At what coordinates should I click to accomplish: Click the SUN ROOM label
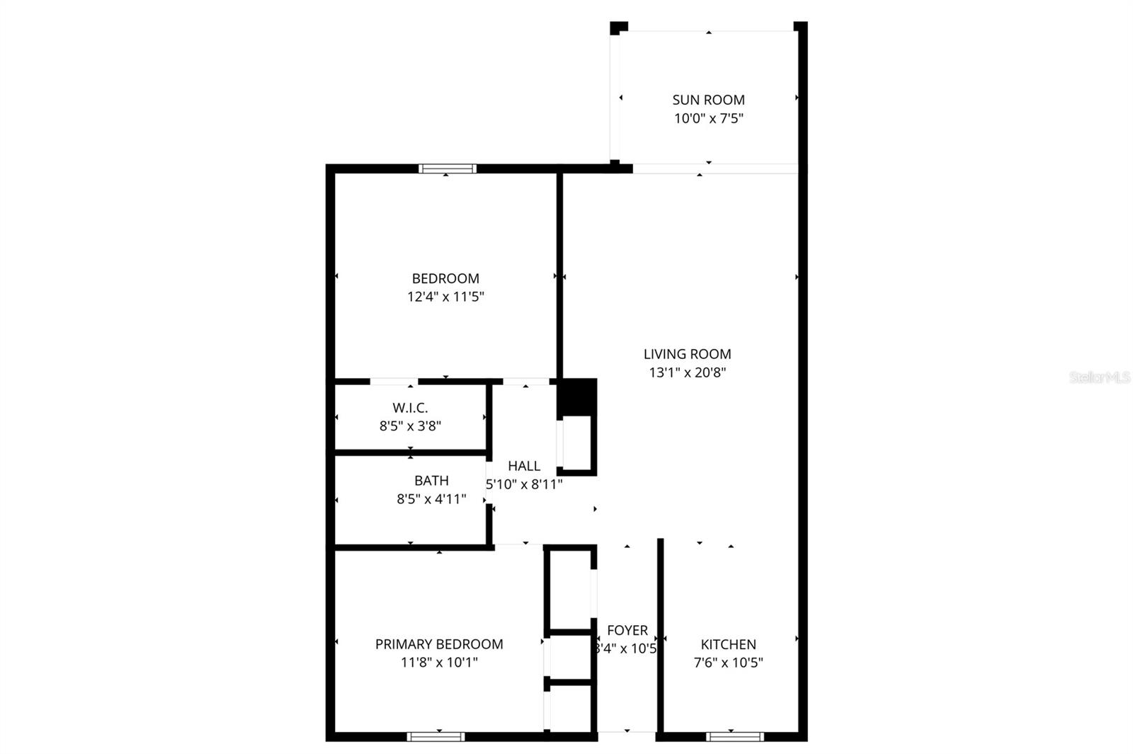point(708,100)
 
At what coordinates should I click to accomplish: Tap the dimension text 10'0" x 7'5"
point(708,118)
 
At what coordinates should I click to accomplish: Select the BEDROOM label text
point(445,278)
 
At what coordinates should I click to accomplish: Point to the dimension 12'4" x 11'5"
point(445,297)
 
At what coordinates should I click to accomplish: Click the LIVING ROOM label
point(687,354)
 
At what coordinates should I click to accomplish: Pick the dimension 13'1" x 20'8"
point(687,372)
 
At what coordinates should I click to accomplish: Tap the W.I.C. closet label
point(410,408)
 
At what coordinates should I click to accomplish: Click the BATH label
point(431,481)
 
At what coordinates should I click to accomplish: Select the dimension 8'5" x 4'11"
point(431,499)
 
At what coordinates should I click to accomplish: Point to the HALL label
point(524,466)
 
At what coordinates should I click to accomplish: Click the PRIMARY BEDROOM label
point(439,644)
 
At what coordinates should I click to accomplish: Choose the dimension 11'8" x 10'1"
point(439,663)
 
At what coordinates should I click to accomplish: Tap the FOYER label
point(627,630)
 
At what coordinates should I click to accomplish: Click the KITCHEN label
point(728,644)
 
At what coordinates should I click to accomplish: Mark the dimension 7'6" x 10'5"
point(728,663)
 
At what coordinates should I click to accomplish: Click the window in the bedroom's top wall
point(447,168)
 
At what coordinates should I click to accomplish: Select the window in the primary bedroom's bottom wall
point(436,737)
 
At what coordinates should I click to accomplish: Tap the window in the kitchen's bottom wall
point(735,737)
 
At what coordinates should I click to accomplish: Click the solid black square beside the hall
point(578,397)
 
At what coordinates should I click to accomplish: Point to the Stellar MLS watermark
point(1100,377)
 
